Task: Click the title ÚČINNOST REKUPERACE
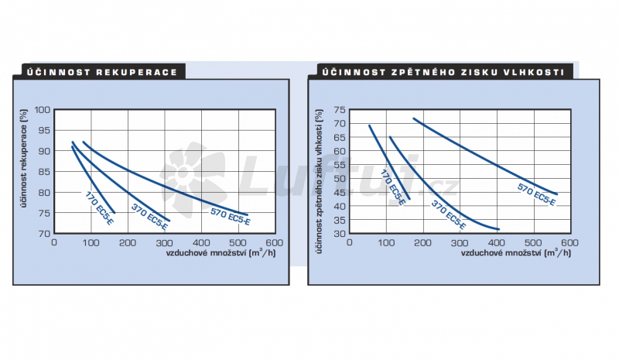102,72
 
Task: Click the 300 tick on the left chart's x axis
165,242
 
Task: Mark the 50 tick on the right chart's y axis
340,178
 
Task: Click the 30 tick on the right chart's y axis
340,233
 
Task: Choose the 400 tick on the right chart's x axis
496,242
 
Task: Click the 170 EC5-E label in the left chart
101,207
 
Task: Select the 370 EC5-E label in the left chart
149,216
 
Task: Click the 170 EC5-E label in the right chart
393,188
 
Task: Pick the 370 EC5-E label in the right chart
448,215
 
